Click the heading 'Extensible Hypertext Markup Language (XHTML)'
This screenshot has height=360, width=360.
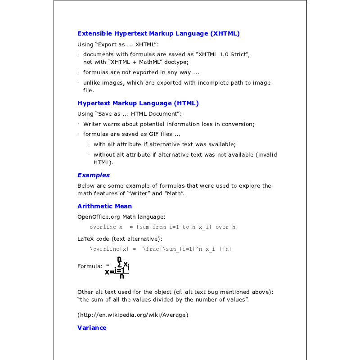[158, 33]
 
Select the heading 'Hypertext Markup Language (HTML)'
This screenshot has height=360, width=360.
[138, 103]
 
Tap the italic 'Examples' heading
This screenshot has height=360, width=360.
[94, 175]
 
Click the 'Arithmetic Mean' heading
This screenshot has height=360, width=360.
[104, 206]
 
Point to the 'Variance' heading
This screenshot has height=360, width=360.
[92, 328]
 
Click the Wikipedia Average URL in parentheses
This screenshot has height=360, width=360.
[133, 315]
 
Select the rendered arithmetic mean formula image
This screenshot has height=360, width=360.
[117, 267]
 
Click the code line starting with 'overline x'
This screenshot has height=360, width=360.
[162, 227]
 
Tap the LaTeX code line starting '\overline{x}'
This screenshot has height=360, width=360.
[161, 249]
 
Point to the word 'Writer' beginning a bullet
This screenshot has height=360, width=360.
[92, 124]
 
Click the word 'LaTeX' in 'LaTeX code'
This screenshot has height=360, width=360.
[86, 238]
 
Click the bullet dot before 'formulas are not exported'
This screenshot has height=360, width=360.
[78, 72]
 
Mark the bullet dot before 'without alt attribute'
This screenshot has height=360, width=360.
[89, 154]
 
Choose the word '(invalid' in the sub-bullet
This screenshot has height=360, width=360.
[266, 155]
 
